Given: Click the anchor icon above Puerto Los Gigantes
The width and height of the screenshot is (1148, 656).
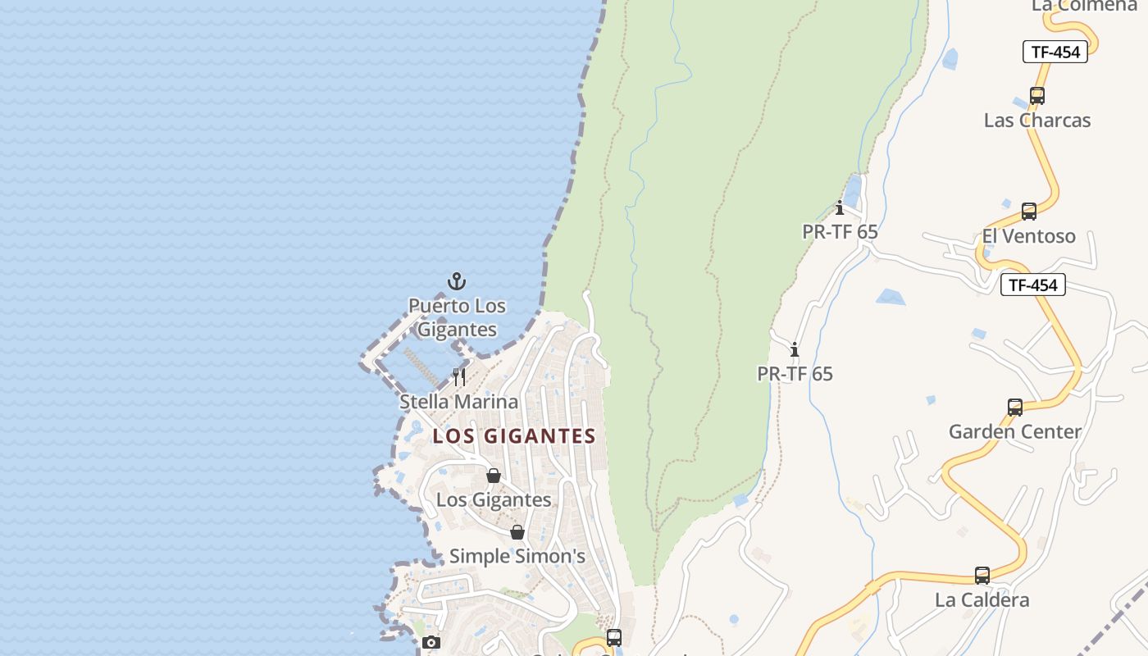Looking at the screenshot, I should [457, 282].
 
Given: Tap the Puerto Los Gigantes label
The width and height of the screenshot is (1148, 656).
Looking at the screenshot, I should [457, 318].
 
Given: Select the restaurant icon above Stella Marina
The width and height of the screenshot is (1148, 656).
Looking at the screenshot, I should [459, 377].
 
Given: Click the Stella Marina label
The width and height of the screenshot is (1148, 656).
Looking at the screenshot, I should [458, 402].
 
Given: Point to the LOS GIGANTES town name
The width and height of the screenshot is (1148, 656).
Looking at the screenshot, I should [514, 436].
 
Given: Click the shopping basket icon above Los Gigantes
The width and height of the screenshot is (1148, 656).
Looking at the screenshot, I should [494, 476].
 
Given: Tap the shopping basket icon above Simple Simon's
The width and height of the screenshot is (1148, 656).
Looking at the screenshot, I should [517, 532].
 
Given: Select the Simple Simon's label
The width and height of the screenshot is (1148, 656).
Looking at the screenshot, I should [517, 557].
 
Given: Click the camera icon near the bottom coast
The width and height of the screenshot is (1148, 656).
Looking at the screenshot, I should [431, 642].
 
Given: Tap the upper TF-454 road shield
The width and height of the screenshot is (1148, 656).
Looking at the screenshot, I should [1055, 52].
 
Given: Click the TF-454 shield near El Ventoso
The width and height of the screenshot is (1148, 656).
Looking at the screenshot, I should [1032, 285].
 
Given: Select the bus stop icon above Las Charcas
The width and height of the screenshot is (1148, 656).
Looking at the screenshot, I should [1037, 96].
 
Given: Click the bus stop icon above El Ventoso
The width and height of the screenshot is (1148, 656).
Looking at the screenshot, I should [1029, 212].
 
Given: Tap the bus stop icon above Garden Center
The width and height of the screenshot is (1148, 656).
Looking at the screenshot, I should [1015, 407].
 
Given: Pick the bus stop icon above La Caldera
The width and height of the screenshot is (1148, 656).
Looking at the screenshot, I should [982, 576].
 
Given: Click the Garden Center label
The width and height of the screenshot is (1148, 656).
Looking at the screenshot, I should [1015, 431].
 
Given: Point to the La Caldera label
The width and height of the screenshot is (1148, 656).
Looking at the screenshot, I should [982, 600].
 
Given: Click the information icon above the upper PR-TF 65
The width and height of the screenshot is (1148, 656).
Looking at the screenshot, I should [840, 207].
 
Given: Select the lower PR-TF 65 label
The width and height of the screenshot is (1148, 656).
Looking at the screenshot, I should [795, 374].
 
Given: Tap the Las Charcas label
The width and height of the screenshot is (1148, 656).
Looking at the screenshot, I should [1037, 121].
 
